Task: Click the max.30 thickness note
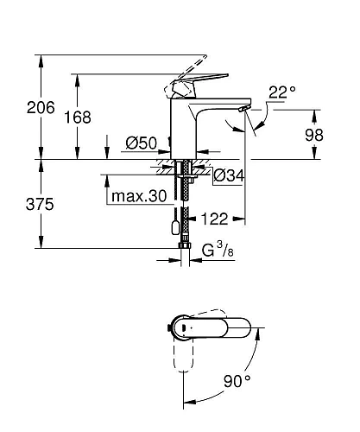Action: click(x=137, y=196)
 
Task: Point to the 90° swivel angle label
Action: click(x=236, y=379)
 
